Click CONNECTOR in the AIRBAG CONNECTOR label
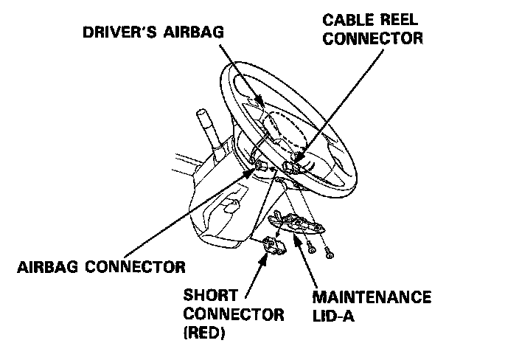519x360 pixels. [x=136, y=265]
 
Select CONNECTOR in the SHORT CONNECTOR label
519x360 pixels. [x=234, y=314]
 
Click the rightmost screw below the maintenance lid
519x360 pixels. [x=329, y=255]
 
